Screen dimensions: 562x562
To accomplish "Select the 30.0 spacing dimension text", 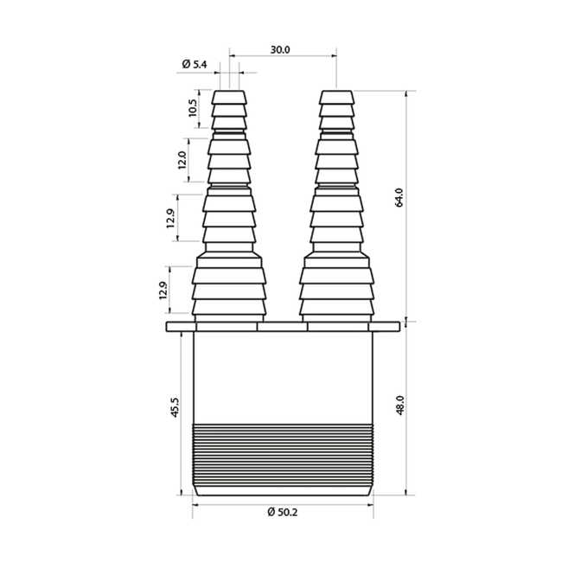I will pos(279,49).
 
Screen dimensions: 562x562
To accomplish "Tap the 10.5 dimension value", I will pos(192,110).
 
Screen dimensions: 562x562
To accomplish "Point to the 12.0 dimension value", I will pos(182,160).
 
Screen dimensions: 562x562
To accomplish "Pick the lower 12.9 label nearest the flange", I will pos(163,291).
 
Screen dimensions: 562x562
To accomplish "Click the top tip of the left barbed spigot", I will pos(229,90).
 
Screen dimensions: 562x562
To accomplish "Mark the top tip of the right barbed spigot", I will pos(335,90).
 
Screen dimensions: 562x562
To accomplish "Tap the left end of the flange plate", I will pos(170,327).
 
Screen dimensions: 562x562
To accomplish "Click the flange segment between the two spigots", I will pos(283,327).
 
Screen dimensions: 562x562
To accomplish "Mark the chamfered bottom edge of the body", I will pos(283,492).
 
